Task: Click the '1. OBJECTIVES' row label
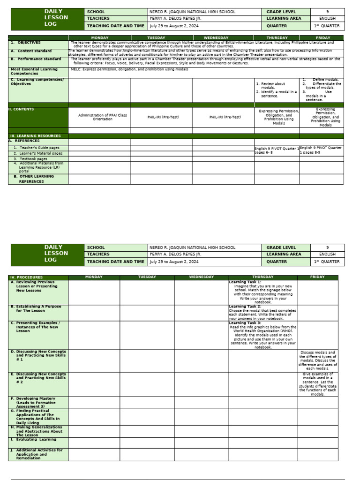point(26,43)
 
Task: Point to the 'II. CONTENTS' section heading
point(22,110)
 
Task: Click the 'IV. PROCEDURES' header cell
point(27,277)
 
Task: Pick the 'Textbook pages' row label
point(33,159)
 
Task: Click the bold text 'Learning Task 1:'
point(245,282)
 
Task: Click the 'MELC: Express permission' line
point(129,69)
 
